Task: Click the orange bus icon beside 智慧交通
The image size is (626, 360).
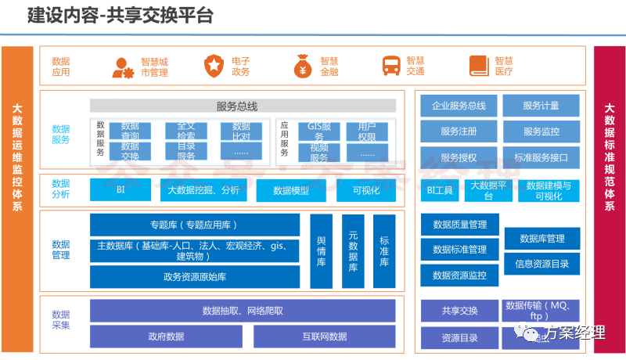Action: (390, 66)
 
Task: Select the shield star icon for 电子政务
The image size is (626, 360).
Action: (214, 66)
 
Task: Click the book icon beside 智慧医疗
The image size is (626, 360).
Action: (479, 66)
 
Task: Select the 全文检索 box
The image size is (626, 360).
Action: (185, 131)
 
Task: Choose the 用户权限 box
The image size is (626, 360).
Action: (366, 131)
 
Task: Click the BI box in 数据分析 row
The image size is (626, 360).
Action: (121, 189)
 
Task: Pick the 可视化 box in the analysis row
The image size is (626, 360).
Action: (365, 190)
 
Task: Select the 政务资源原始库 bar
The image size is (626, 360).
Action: (195, 276)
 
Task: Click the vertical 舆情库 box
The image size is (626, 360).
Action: (321, 251)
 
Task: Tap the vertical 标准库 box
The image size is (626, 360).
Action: (383, 251)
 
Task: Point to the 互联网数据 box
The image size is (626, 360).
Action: (324, 337)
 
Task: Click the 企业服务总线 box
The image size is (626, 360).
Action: (459, 106)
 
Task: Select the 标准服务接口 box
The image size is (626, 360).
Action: (541, 157)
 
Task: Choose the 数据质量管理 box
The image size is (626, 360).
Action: (459, 225)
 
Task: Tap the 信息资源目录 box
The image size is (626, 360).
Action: (542, 264)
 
